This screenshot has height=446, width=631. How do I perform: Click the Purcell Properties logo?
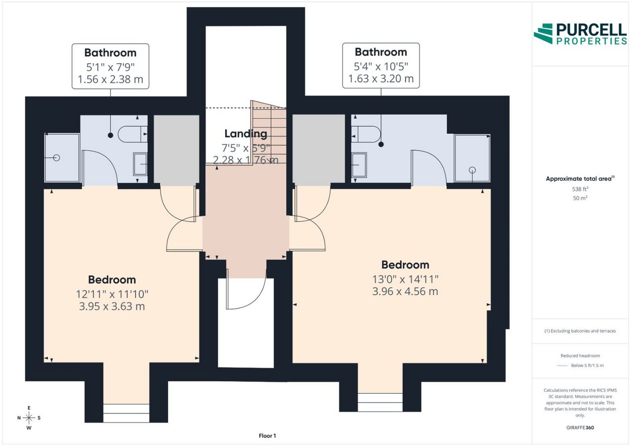(580, 34)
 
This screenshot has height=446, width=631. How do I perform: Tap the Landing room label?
(245, 134)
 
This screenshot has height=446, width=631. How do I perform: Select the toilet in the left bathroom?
(133, 135)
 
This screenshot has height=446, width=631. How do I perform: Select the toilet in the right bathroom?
(366, 134)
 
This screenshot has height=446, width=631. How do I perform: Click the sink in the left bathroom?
(140, 164)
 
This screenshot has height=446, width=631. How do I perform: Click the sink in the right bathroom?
(359, 165)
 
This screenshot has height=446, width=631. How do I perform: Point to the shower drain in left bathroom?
(57, 158)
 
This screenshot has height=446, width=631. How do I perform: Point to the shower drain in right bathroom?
(472, 170)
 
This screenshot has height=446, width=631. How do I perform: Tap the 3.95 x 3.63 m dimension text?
(112, 307)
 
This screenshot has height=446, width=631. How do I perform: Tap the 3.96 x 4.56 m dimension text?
(405, 291)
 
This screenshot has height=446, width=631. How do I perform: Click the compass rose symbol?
(29, 418)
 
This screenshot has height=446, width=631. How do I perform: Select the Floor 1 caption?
(267, 436)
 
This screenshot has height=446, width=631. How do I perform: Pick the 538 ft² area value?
(580, 189)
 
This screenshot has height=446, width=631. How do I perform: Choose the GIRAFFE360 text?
(580, 428)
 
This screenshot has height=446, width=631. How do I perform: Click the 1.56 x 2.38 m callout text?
(110, 79)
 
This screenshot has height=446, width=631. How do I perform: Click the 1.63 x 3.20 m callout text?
(381, 78)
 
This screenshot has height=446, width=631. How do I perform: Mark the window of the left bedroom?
(126, 413)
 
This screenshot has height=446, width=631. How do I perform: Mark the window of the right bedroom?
(380, 402)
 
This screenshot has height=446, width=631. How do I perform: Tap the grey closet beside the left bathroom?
(176, 150)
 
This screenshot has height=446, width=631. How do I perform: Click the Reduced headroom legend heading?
(580, 356)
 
